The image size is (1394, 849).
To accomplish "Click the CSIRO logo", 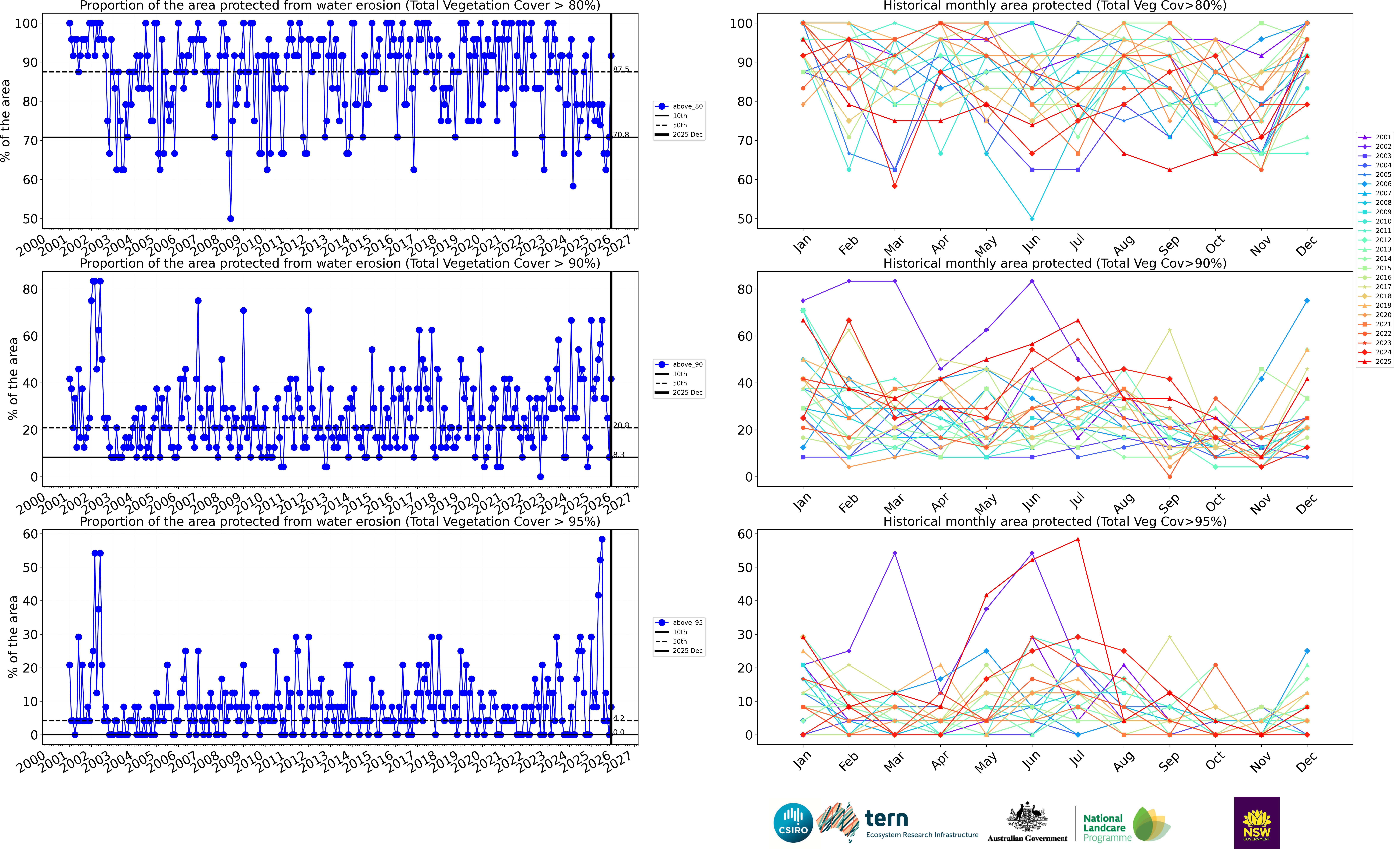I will (793, 822).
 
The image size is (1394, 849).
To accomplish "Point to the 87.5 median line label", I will (621, 69).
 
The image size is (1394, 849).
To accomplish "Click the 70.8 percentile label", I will (621, 135).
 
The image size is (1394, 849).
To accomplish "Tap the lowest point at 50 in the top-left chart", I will (230, 218).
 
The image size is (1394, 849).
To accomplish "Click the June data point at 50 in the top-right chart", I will (1032, 218).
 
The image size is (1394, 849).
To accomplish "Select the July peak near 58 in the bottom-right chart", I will (1078, 539).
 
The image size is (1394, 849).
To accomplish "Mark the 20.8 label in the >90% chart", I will (621, 425).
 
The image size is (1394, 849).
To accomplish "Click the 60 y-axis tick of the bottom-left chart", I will (30, 534).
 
